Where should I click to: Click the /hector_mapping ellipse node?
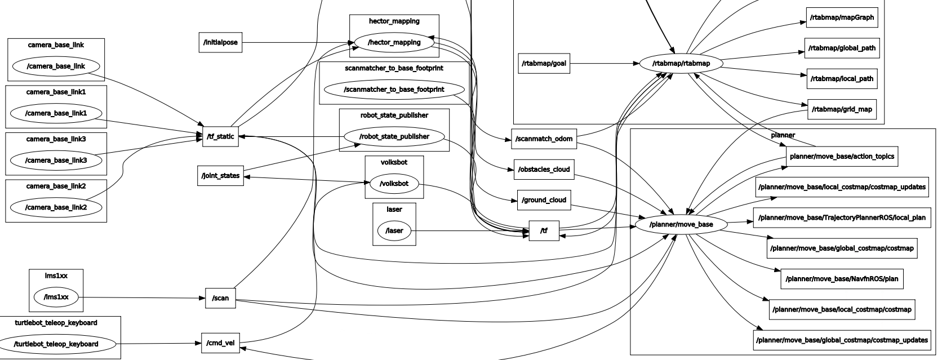(394, 42)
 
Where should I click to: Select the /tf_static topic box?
(220, 136)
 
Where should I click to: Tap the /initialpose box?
(220, 42)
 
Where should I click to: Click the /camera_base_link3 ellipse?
(56, 161)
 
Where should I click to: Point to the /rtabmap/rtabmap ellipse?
(681, 63)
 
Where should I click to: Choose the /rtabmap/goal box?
(544, 63)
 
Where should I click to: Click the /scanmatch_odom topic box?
(544, 139)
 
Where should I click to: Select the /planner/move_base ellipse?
(681, 224)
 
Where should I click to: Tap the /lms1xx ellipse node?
(56, 297)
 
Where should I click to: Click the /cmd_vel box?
(220, 343)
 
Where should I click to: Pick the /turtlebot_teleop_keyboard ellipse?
(56, 344)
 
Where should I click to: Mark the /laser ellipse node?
(394, 230)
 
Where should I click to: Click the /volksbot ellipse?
(394, 183)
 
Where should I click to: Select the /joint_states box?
(220, 176)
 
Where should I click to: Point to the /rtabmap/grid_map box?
(842, 109)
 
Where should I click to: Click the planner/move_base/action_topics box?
(842, 156)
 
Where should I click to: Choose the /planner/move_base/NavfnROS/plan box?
(842, 279)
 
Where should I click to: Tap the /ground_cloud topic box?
(544, 200)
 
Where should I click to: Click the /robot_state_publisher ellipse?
(394, 136)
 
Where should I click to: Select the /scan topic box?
(220, 298)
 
